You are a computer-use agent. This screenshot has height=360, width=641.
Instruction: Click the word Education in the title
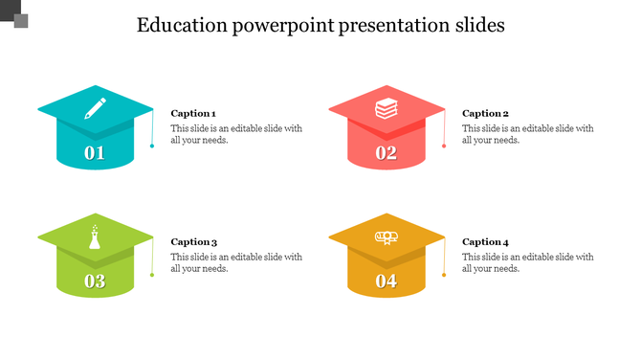tap(182, 26)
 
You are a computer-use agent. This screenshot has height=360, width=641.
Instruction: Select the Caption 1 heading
tap(192, 113)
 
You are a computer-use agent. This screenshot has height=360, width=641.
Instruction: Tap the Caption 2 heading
tap(485, 113)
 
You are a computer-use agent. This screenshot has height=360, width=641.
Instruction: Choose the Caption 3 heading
tap(193, 242)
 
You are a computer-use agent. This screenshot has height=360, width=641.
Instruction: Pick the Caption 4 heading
tap(485, 242)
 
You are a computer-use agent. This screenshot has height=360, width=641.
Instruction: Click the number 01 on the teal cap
tap(95, 153)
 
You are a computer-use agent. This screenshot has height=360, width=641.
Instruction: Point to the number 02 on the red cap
tap(386, 153)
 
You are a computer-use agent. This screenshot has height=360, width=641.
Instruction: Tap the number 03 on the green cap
tap(95, 281)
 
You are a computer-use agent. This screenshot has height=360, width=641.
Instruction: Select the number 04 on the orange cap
tap(386, 281)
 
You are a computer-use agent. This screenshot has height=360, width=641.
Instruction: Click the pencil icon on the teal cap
tap(95, 106)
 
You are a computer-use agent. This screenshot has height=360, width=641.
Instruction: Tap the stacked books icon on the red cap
tap(386, 107)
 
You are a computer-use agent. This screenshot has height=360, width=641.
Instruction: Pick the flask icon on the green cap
tap(95, 236)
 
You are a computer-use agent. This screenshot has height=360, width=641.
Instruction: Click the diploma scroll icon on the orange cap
tap(386, 237)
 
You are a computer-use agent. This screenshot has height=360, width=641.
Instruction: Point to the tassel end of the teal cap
tap(152, 146)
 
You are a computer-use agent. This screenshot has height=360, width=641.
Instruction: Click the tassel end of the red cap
tap(444, 146)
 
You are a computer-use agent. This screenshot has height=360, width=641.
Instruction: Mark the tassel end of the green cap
tap(152, 275)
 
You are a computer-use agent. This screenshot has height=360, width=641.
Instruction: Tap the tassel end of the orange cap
tap(444, 275)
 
